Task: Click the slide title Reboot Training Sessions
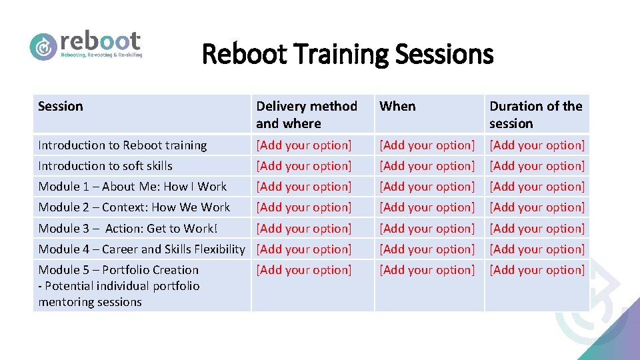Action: (x=347, y=54)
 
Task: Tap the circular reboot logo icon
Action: (x=43, y=47)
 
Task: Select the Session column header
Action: (x=61, y=106)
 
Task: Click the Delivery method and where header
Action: (x=307, y=114)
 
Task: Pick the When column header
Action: (x=397, y=106)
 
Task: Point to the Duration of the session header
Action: (x=535, y=114)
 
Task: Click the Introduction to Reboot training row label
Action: (x=123, y=145)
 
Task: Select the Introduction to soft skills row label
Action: (x=105, y=166)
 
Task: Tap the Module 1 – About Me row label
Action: (x=133, y=187)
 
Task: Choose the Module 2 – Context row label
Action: (x=134, y=207)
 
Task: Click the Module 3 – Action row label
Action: (x=128, y=229)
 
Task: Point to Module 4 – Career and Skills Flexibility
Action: (x=142, y=249)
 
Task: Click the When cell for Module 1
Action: (x=427, y=187)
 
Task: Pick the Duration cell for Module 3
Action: (x=537, y=229)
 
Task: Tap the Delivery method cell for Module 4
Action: (x=304, y=249)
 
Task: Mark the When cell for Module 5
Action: (x=427, y=270)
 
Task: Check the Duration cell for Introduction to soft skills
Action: (x=537, y=166)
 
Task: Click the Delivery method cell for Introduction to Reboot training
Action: (x=304, y=145)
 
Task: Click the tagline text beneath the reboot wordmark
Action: (x=101, y=55)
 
